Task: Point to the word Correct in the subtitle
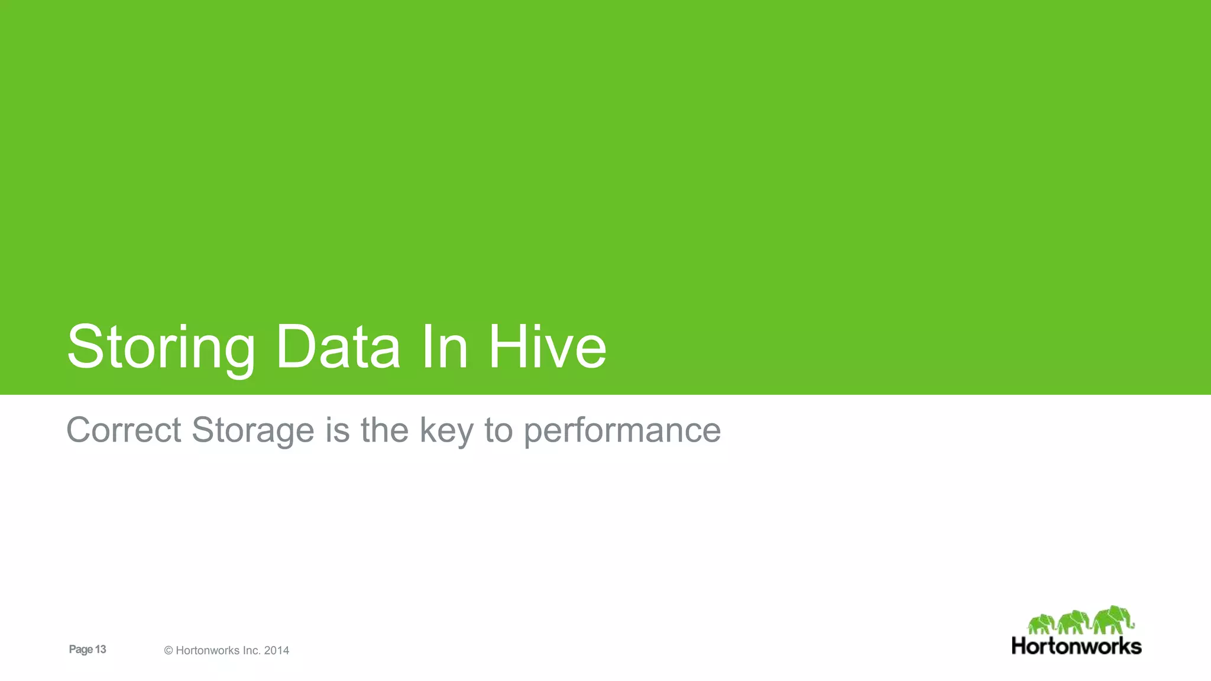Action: coord(124,430)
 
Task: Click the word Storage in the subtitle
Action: coord(252,430)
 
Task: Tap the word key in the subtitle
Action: coord(446,430)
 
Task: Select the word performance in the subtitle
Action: coord(622,430)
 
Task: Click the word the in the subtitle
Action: coord(384,430)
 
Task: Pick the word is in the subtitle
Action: coord(338,430)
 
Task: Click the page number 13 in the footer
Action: coord(101,649)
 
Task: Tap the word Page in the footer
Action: coord(81,649)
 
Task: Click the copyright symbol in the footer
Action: coord(169,650)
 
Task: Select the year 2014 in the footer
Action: coord(277,650)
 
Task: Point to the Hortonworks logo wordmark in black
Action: coord(1076,646)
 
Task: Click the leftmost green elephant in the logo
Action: coord(1041,624)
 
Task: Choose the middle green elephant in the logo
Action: coord(1074,623)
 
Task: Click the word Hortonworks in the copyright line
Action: coord(208,650)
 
